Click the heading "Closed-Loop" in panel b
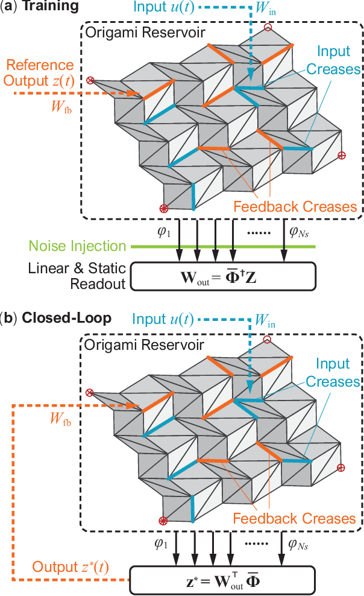click(66, 318)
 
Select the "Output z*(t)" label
click(72, 567)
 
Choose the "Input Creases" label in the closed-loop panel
click(333, 373)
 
